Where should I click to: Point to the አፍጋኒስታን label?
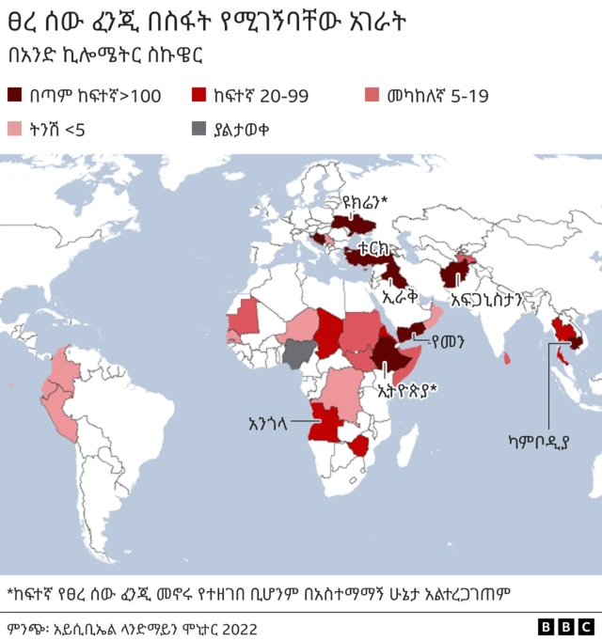pos(486,300)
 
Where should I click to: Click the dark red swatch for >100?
pos(17,95)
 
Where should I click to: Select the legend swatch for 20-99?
pos(200,95)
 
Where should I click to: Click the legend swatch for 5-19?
pos(372,95)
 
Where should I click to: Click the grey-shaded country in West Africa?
pos(300,354)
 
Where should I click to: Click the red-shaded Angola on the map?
pos(325,422)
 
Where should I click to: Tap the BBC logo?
pos(561,627)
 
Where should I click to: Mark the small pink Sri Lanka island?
pos(508,357)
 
